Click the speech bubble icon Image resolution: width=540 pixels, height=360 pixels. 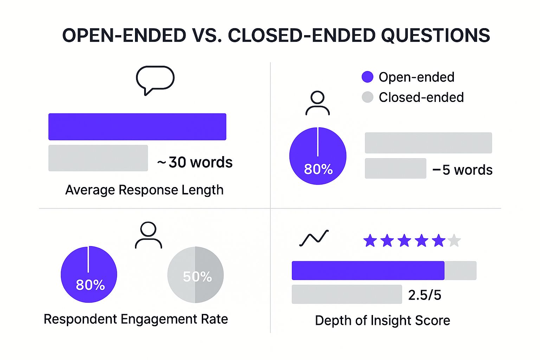[x=155, y=79]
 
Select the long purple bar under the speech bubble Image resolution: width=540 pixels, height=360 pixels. [x=137, y=127]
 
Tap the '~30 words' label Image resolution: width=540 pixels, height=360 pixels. [x=195, y=162]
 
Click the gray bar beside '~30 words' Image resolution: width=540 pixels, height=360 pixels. [x=98, y=158]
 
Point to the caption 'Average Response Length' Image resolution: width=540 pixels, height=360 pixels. [x=144, y=190]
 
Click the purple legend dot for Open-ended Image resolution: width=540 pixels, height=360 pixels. [x=367, y=77]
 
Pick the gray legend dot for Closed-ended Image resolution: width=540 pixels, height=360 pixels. [x=367, y=97]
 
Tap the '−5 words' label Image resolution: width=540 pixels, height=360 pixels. [x=462, y=170]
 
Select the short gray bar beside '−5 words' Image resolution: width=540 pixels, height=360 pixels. [x=396, y=168]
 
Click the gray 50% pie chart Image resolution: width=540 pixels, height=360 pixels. [x=195, y=275]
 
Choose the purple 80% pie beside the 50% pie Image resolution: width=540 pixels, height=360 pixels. [x=89, y=275]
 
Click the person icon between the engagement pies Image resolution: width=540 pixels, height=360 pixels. [x=148, y=235]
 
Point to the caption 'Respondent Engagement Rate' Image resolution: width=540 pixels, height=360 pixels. [x=136, y=319]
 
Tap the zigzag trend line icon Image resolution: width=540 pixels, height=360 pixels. [x=314, y=238]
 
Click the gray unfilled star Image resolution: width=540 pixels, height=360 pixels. [x=454, y=241]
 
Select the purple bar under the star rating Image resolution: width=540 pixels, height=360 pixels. [x=368, y=270]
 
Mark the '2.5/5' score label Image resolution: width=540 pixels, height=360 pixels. [x=424, y=295]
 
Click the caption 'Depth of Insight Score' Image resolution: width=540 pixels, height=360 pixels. [x=382, y=321]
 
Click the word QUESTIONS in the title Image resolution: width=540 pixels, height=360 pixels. [x=436, y=36]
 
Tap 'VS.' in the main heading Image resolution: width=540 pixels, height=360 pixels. [x=207, y=36]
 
